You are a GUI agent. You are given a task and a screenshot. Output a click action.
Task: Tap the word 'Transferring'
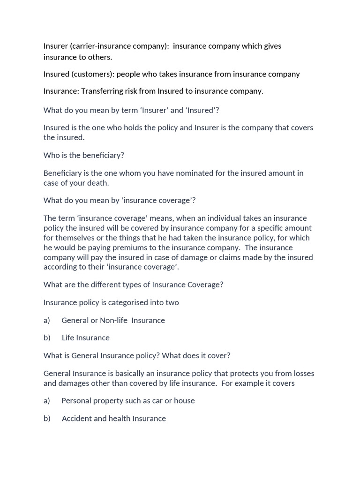pyautogui.click(x=103, y=91)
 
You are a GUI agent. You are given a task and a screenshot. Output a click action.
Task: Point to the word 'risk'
pyautogui.click(x=136, y=91)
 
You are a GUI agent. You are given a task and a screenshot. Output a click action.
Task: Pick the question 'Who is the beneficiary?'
pyautogui.click(x=84, y=155)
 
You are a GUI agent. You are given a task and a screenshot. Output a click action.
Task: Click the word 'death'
pyautogui.click(x=97, y=183)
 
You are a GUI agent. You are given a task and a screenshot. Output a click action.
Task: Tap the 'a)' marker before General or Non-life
pyautogui.click(x=47, y=320)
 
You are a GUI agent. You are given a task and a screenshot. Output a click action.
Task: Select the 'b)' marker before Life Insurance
pyautogui.click(x=47, y=337)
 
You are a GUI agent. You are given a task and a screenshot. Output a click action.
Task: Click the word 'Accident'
pyautogui.click(x=76, y=418)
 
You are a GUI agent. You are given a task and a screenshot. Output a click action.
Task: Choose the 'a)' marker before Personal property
pyautogui.click(x=47, y=400)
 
